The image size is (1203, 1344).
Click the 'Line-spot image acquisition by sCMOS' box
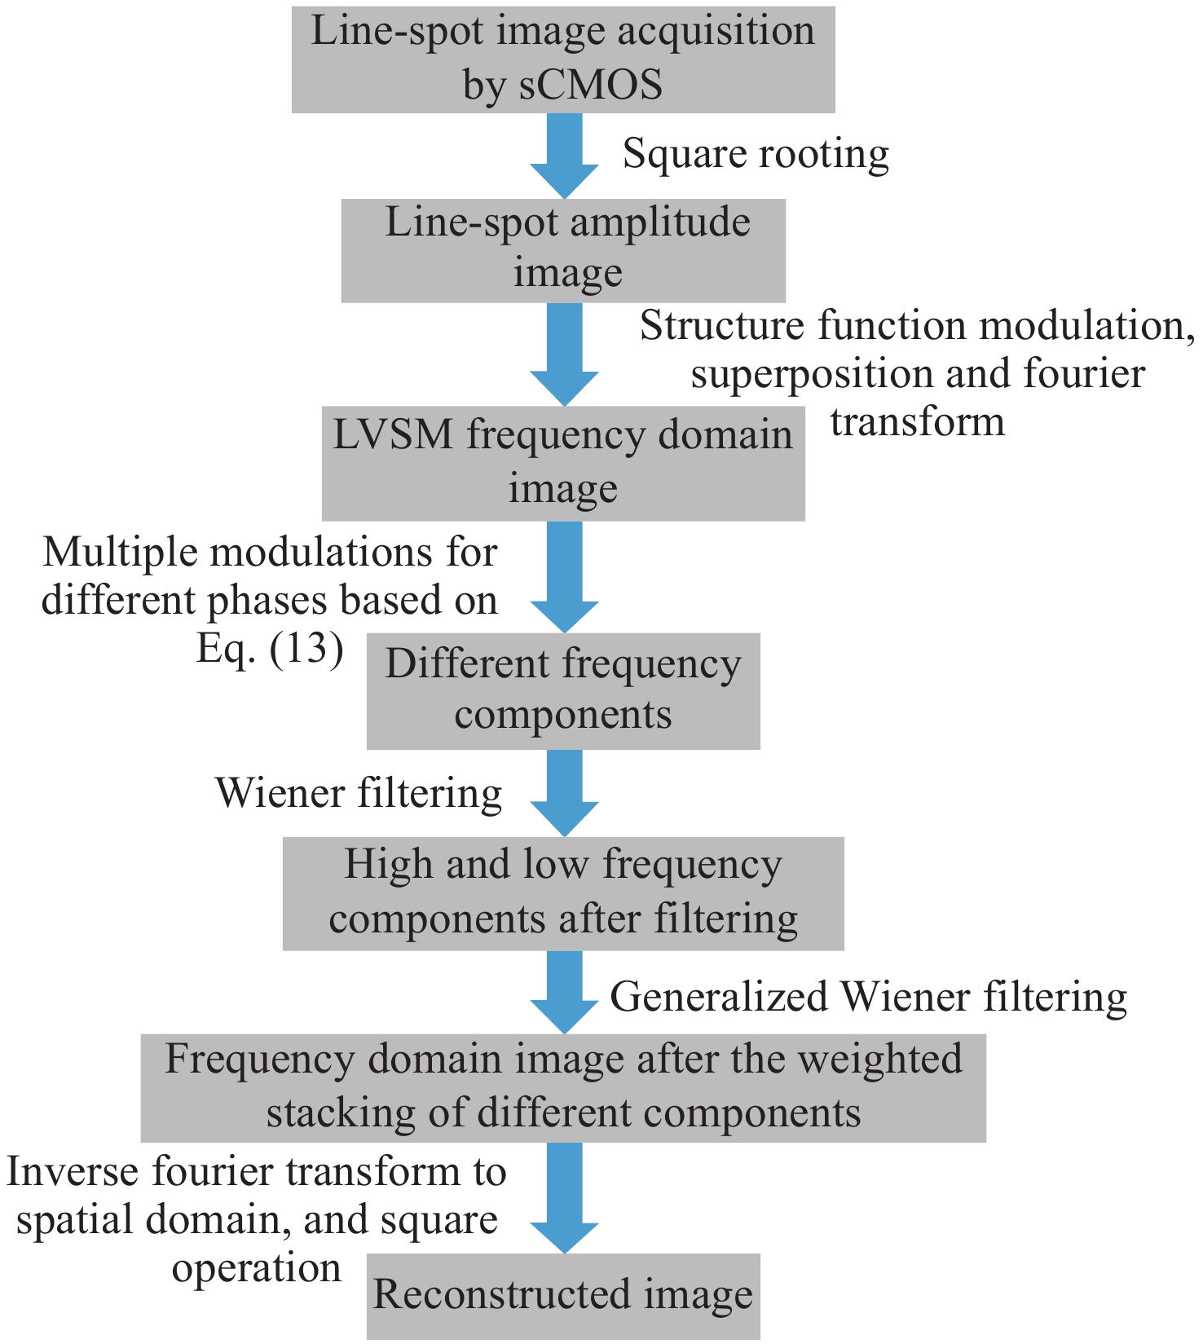(x=563, y=59)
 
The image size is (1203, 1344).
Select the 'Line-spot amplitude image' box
(x=563, y=249)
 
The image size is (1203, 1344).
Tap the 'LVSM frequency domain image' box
(x=563, y=462)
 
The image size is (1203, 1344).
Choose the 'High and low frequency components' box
(x=563, y=892)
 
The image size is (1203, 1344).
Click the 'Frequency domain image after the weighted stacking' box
(x=563, y=1087)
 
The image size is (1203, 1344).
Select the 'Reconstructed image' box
(x=563, y=1295)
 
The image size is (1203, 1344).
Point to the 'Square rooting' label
(x=756, y=153)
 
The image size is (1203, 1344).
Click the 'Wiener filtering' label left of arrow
(x=359, y=793)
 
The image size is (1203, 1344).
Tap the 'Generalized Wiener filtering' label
(x=868, y=997)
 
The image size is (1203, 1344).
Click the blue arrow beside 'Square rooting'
(x=564, y=155)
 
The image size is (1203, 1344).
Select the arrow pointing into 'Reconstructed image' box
(x=564, y=1196)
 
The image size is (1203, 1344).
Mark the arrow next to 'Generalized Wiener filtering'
(x=564, y=991)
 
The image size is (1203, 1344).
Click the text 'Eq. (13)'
(x=270, y=649)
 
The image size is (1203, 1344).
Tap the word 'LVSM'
(x=392, y=434)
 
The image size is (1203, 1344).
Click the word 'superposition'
(x=812, y=374)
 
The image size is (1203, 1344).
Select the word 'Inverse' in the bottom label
(x=70, y=1172)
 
